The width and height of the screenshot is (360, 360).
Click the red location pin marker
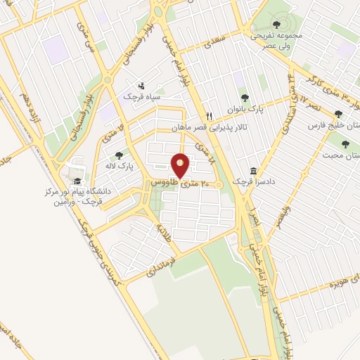(x=181, y=165)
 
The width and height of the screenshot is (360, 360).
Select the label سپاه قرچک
(x=143, y=94)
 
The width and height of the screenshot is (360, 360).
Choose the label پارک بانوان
(x=247, y=109)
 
